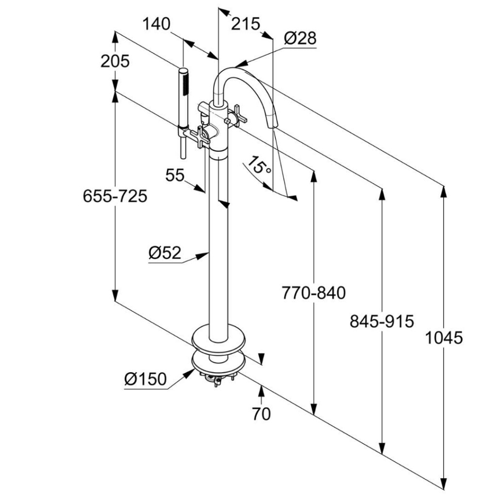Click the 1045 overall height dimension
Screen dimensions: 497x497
(x=444, y=337)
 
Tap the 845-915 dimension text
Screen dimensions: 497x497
(x=381, y=321)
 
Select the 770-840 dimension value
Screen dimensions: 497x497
(x=314, y=293)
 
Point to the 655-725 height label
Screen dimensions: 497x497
(x=115, y=196)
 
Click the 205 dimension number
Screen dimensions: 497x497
(x=115, y=61)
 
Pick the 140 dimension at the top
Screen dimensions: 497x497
(x=157, y=23)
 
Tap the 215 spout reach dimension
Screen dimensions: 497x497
(x=246, y=23)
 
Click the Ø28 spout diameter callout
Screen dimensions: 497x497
(x=300, y=38)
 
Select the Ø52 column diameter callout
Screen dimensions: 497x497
(x=165, y=253)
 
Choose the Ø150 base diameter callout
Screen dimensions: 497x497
(x=145, y=379)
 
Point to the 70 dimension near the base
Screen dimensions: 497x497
(x=261, y=414)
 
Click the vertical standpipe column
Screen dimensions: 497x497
(x=218, y=243)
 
